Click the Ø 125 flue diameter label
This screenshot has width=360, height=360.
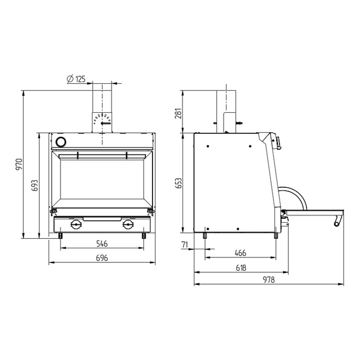(x=76, y=79)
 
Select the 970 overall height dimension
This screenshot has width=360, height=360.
(x=19, y=164)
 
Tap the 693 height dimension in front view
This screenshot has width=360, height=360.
(x=35, y=185)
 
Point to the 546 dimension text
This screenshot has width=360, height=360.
(x=102, y=244)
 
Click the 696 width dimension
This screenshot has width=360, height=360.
(x=102, y=258)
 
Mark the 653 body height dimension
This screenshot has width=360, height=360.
(x=179, y=183)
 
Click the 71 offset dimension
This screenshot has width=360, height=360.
(x=185, y=245)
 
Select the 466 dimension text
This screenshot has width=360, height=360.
(x=240, y=253)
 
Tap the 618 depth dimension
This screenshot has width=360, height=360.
(x=241, y=268)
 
